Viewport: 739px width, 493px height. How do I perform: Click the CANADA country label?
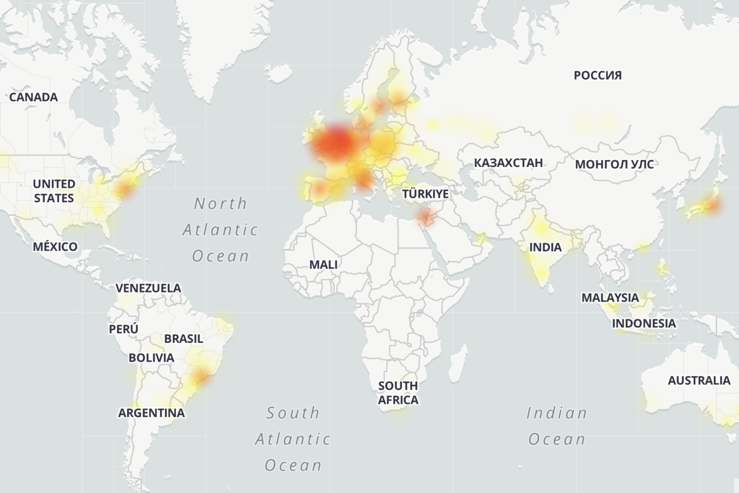click(x=34, y=97)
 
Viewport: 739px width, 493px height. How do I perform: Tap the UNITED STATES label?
click(x=54, y=191)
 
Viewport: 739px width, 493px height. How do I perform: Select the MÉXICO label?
click(x=55, y=246)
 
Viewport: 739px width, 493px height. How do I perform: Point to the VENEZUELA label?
click(x=148, y=288)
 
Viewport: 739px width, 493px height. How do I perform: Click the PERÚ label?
click(x=124, y=329)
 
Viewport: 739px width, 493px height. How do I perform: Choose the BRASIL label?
click(x=183, y=339)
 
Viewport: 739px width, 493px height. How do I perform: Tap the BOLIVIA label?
click(x=151, y=358)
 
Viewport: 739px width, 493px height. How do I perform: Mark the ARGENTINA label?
click(x=151, y=413)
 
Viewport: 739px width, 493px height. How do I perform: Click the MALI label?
click(x=323, y=265)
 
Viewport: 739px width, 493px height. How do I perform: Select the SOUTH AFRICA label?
click(x=398, y=393)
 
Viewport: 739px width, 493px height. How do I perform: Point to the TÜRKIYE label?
click(x=425, y=194)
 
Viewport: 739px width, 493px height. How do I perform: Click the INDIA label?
click(x=545, y=247)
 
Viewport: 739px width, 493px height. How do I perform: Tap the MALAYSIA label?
click(x=610, y=298)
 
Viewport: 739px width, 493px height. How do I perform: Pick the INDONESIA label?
click(x=644, y=323)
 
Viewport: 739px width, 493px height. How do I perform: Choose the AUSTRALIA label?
click(x=699, y=381)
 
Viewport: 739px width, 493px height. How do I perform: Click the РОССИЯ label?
click(x=598, y=75)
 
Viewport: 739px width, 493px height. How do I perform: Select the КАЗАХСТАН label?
click(x=508, y=163)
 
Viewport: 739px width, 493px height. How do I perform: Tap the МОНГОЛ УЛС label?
click(x=614, y=164)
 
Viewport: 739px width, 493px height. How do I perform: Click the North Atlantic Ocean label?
click(x=220, y=230)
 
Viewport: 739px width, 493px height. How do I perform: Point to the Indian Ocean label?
click(x=557, y=426)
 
